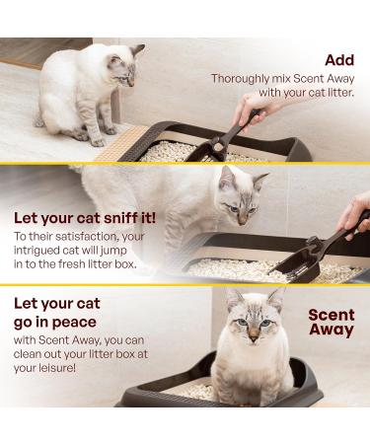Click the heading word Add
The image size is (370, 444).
coord(339,60)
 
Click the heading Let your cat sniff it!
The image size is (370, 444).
coord(85,218)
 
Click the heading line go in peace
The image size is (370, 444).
coord(55,323)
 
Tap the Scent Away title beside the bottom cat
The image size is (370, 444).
coord(332,323)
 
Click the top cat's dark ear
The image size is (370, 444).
coord(137,50)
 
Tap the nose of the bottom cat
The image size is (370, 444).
coord(254,338)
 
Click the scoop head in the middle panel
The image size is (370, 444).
coord(294,268)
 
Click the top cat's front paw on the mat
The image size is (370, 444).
coord(98,143)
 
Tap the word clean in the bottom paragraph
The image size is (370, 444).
coord(27,354)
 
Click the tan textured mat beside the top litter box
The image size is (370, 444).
coord(122,145)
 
